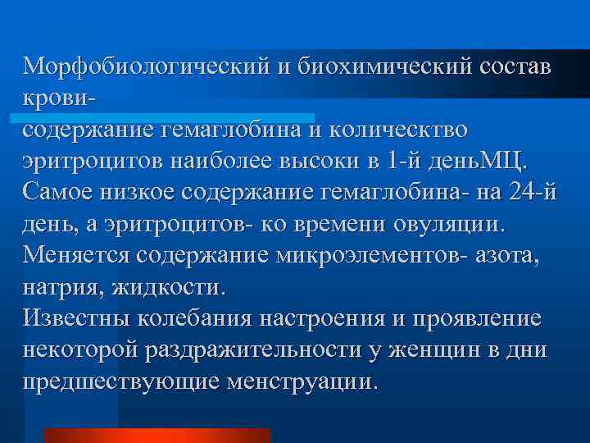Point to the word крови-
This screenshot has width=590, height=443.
point(59,96)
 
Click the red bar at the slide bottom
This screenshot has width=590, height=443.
point(157,435)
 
